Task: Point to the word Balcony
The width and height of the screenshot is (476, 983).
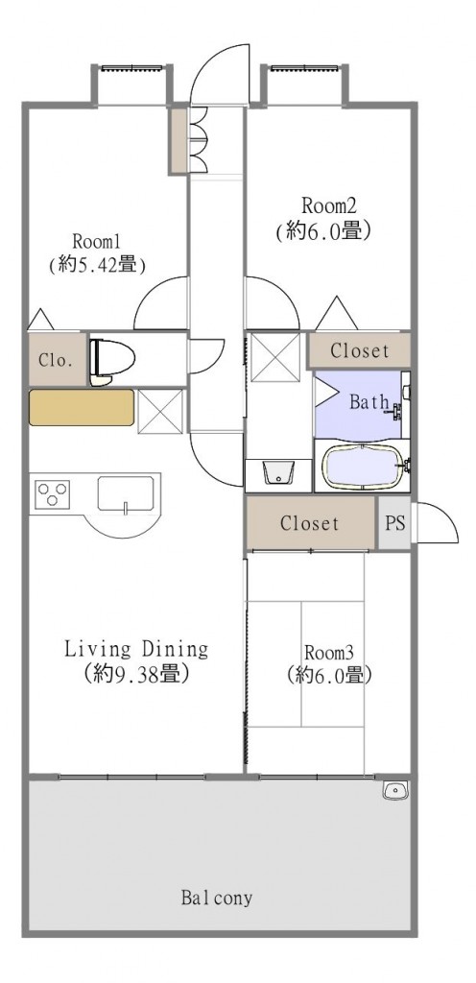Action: point(217,899)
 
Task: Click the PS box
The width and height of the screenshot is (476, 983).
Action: point(393,524)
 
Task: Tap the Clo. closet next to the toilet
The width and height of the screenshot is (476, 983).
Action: point(52,361)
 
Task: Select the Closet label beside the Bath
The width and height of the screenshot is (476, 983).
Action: point(360,351)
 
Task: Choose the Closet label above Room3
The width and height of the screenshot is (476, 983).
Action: point(310,524)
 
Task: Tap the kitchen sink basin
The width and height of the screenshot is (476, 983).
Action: point(125,494)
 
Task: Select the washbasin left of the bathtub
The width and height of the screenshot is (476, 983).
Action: point(276,472)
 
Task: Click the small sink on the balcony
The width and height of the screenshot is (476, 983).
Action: point(394,790)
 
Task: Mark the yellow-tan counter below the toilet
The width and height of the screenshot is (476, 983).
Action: point(82,407)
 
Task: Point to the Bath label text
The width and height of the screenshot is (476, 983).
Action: point(368,401)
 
